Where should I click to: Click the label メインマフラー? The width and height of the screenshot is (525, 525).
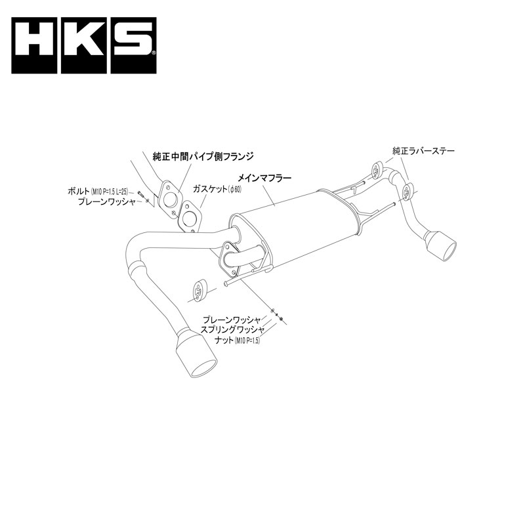(264, 177)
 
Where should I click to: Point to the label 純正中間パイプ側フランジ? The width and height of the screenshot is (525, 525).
(203, 156)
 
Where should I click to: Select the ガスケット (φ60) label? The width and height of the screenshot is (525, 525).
(217, 189)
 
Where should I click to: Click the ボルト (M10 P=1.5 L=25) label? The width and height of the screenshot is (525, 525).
(98, 191)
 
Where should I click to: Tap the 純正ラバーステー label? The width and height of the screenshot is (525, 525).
(423, 151)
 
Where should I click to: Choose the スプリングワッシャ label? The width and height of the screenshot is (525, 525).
(232, 330)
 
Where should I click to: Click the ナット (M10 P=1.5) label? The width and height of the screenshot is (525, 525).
(238, 341)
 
